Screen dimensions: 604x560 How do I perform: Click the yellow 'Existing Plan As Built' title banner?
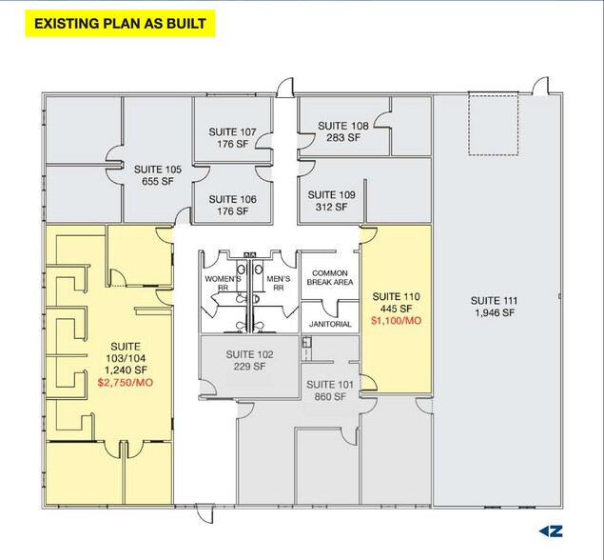click(120, 24)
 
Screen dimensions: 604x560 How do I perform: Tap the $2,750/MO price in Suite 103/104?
click(126, 383)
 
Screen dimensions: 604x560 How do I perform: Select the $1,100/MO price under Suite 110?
click(396, 321)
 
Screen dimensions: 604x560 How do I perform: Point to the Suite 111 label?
click(495, 300)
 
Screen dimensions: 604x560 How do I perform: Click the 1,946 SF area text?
click(495, 312)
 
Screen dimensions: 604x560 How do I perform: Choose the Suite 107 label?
click(232, 131)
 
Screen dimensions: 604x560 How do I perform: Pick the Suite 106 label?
click(232, 199)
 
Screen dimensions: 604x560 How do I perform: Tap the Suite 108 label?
click(343, 126)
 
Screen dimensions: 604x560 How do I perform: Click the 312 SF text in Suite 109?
click(331, 207)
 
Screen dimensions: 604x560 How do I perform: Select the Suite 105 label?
click(158, 170)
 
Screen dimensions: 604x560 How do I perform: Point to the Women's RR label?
click(223, 283)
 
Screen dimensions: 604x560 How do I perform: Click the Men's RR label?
click(279, 283)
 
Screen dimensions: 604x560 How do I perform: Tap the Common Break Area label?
click(330, 278)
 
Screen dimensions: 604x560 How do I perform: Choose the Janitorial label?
click(330, 324)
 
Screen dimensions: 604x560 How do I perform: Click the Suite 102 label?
click(249, 354)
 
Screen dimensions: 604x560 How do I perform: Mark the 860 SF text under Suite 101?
click(330, 396)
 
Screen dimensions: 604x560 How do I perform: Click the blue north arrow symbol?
click(551, 531)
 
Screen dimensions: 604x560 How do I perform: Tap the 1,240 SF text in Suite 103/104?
click(126, 370)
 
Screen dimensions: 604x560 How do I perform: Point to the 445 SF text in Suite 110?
click(396, 309)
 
